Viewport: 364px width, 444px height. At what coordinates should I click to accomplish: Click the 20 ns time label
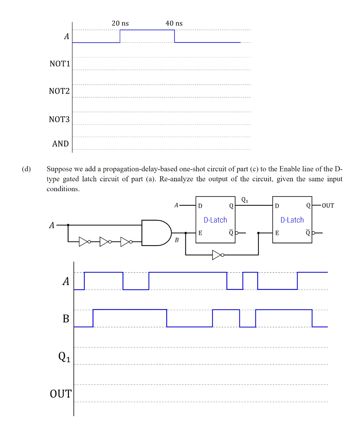coord(120,23)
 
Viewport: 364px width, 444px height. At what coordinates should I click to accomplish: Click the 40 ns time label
coord(174,23)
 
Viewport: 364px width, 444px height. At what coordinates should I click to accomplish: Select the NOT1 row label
coord(60,64)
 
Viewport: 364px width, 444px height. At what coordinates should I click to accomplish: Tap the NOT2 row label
coord(59,91)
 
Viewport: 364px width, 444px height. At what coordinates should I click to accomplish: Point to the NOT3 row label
coord(59,119)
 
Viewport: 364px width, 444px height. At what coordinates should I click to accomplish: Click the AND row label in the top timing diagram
coord(61,144)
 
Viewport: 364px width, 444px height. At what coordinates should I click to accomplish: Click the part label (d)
coord(26,169)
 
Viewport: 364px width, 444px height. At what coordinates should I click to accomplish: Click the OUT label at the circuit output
coord(328,205)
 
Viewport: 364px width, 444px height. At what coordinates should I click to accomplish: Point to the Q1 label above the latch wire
coord(245,200)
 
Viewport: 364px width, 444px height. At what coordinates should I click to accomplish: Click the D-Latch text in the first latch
coord(215,220)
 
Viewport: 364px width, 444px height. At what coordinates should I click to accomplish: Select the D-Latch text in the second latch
coord(292,220)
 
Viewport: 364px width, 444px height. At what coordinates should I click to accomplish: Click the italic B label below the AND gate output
coord(177,240)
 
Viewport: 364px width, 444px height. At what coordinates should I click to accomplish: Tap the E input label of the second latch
coord(277,233)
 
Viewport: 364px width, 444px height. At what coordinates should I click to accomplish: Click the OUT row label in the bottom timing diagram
coord(61,394)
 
